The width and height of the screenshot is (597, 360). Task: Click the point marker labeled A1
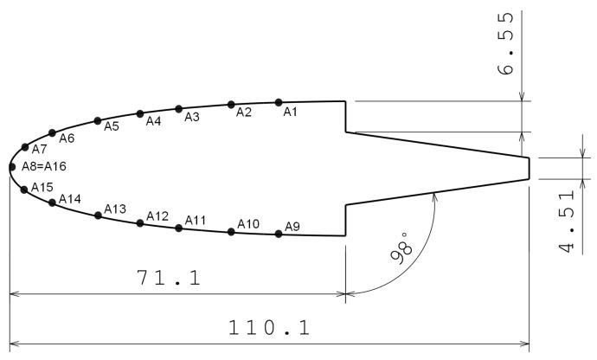pos(278,102)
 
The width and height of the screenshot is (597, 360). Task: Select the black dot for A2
pos(231,105)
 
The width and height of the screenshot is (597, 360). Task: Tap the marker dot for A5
pos(97,120)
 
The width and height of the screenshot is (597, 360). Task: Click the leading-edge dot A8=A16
pos(12,166)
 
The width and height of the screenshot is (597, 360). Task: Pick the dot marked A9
pos(278,234)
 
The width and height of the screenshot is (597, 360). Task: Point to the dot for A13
pos(98,215)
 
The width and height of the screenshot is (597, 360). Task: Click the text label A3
pos(192,117)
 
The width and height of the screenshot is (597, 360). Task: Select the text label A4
pos(153,121)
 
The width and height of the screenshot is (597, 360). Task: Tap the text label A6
pos(67,138)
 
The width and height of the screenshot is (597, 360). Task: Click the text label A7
pos(39,150)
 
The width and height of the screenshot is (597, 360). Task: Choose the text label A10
pos(248,225)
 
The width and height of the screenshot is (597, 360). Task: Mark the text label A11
pos(195,221)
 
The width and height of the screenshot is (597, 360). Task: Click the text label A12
pos(157,215)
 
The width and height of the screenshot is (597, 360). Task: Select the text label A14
pos(70,200)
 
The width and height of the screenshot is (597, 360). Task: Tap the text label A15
pos(42,187)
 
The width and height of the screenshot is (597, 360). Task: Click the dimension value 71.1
pos(170,278)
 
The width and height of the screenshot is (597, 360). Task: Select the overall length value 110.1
pos(268,328)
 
